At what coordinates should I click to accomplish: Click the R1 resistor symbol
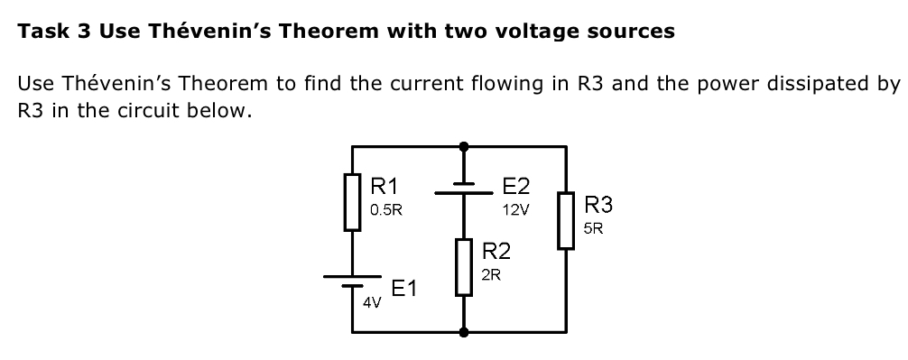click(x=353, y=203)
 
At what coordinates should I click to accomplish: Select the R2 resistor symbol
click(x=464, y=267)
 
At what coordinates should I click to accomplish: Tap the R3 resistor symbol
click(x=566, y=220)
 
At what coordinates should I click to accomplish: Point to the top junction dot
click(x=464, y=145)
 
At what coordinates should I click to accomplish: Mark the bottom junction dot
click(x=464, y=332)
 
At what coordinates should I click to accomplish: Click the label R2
click(x=496, y=251)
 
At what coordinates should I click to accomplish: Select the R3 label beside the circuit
click(x=600, y=205)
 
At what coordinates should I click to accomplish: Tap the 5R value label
click(x=594, y=228)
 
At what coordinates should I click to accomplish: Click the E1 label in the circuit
click(x=404, y=289)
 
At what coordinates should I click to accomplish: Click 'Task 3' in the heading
click(x=55, y=32)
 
